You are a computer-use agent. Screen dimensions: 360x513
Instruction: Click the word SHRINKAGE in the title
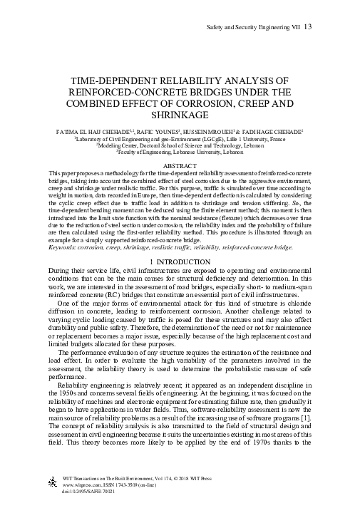(180, 115)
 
